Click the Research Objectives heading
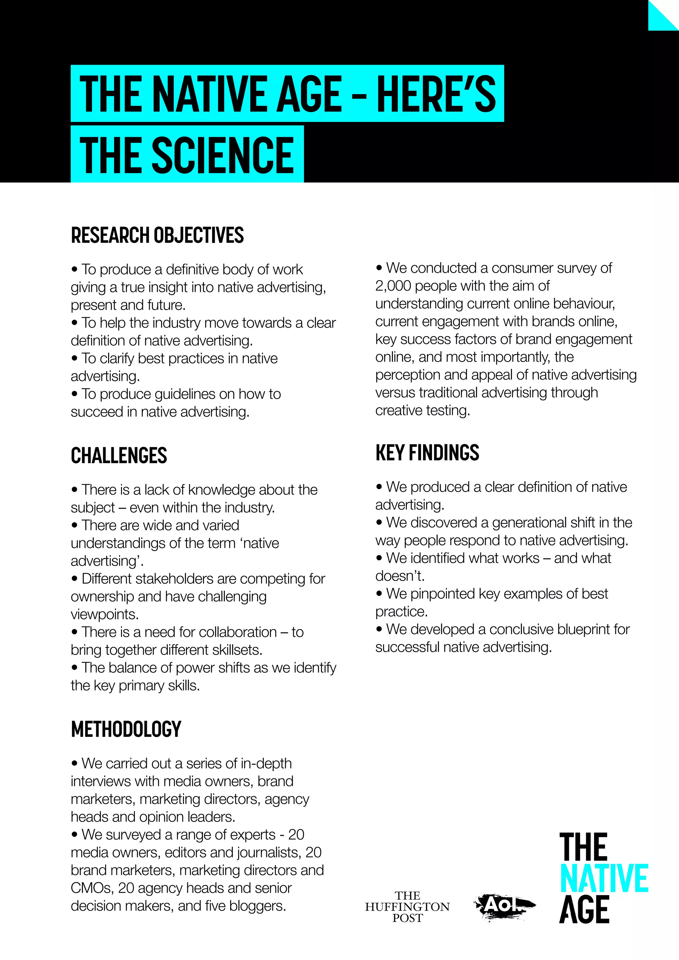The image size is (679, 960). [x=157, y=235]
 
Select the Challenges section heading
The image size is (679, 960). [x=119, y=455]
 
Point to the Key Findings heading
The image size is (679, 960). [x=427, y=453]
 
